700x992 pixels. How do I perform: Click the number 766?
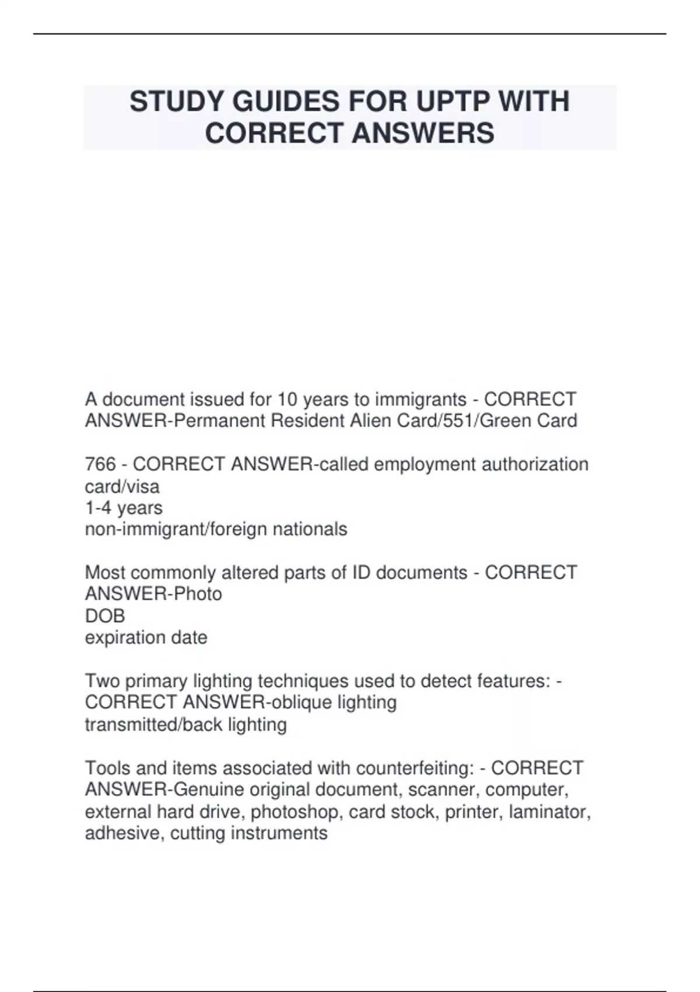coord(100,464)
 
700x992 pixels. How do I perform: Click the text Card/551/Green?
coord(465,421)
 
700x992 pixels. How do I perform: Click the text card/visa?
coord(122,487)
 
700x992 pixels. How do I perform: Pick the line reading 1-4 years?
coord(124,508)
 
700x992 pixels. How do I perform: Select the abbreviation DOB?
coord(105,616)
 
